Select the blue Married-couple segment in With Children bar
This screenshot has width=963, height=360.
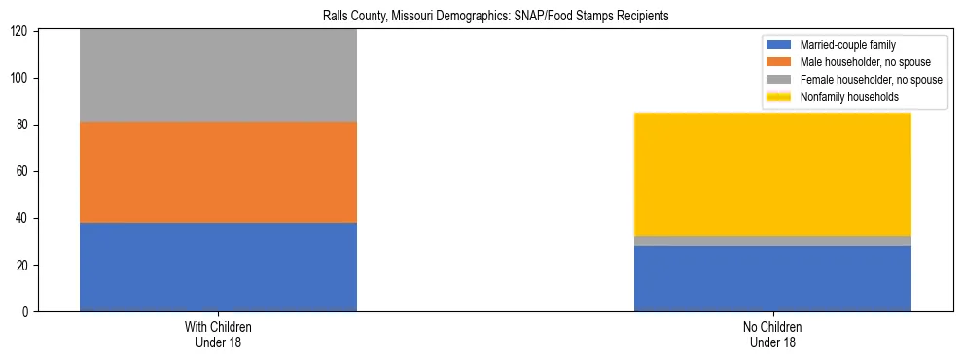pyautogui.click(x=218, y=267)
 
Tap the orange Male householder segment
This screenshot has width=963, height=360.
pyautogui.click(x=218, y=172)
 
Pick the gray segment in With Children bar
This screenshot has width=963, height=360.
pyautogui.click(x=218, y=76)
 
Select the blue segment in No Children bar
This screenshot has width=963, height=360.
pyautogui.click(x=772, y=278)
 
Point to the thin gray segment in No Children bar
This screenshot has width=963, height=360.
pyautogui.click(x=772, y=241)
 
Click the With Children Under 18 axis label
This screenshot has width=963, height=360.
pyautogui.click(x=218, y=334)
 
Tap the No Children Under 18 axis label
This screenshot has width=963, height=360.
pyautogui.click(x=772, y=334)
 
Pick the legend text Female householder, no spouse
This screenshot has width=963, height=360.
pyautogui.click(x=871, y=80)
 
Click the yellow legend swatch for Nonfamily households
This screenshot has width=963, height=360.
pyautogui.click(x=779, y=97)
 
